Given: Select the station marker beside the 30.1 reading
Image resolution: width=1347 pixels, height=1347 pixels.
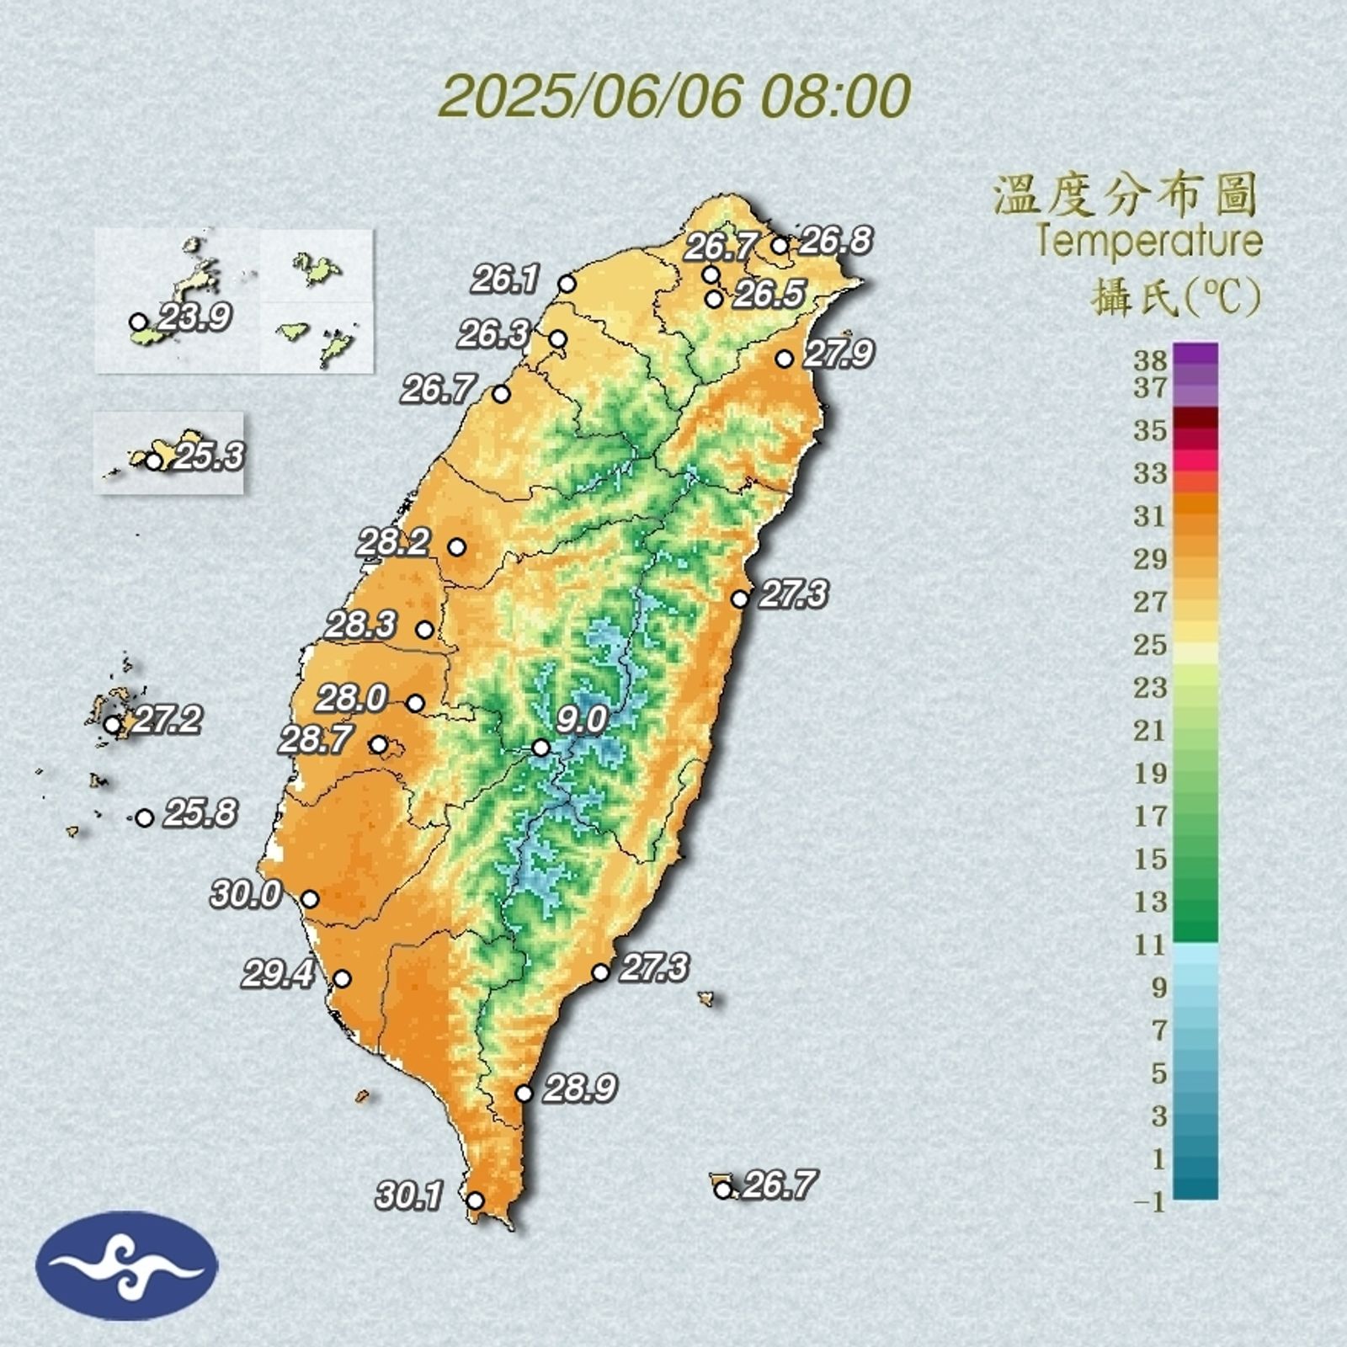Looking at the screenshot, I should click(475, 1201).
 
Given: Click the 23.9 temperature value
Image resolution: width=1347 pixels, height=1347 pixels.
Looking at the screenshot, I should click(195, 317).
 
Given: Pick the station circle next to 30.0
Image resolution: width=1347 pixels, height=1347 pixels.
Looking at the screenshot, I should click(310, 899).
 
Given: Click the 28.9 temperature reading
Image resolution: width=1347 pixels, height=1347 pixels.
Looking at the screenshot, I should click(580, 1089).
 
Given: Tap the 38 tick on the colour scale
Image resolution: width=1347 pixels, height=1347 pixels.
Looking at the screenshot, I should click(1149, 360).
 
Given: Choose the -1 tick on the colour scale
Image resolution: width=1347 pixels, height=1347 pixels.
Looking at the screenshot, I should click(1149, 1202).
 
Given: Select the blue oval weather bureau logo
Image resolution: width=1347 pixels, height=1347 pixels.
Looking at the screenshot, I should click(126, 1265).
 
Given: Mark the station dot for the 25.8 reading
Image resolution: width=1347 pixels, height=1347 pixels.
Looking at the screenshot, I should click(145, 817).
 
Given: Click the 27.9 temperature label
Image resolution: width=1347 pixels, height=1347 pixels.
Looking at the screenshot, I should click(839, 353).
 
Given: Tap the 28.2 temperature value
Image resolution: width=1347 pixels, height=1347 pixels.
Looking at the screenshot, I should click(393, 542).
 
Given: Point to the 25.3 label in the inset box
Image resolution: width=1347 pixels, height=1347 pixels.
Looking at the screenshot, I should click(209, 455).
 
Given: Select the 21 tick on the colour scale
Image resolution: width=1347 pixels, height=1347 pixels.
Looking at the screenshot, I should click(1149, 730).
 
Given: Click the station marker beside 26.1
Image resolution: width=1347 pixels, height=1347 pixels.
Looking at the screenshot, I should click(567, 285).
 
